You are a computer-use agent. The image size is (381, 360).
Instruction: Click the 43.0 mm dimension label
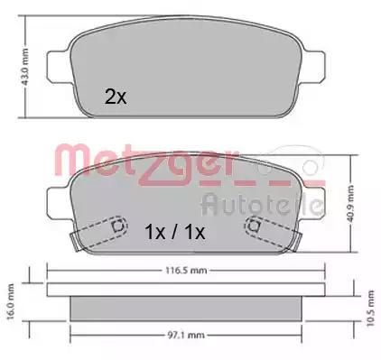[x=24, y=67]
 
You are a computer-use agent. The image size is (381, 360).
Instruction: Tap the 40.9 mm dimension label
[x=350, y=204]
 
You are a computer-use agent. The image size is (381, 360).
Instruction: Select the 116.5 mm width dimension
[x=186, y=271]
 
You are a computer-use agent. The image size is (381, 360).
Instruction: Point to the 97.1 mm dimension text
[x=185, y=335]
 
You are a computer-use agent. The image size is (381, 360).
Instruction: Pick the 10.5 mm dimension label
[x=370, y=308]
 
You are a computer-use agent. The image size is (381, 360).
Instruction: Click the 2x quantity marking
[x=116, y=97]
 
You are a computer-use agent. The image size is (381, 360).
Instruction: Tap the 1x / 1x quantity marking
[x=175, y=232]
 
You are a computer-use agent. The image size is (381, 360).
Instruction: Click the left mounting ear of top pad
[x=60, y=67]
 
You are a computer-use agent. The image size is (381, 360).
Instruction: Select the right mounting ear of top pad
[x=313, y=67]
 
